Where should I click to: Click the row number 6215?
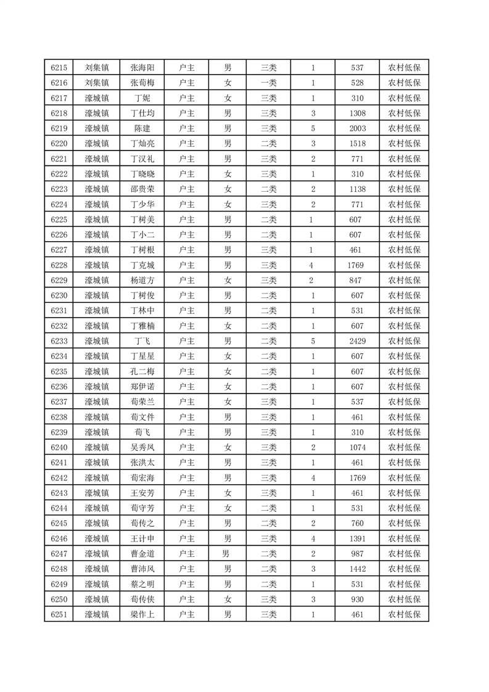59,68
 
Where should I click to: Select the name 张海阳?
142,68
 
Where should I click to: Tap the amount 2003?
357,129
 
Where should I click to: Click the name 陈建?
142,129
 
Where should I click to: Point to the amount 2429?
357,341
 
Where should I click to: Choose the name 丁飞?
142,341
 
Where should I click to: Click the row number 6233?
59,341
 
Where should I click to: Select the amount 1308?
357,113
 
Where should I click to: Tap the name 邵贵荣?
142,189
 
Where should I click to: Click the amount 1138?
357,189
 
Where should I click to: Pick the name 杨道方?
142,281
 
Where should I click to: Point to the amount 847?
357,281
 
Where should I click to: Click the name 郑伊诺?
142,387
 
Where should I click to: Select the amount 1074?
357,447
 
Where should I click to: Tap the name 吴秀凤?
142,447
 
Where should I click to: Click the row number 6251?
59,614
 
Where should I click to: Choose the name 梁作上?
142,614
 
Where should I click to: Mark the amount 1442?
357,569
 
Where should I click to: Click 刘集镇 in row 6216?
97,83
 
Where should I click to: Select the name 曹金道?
142,554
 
